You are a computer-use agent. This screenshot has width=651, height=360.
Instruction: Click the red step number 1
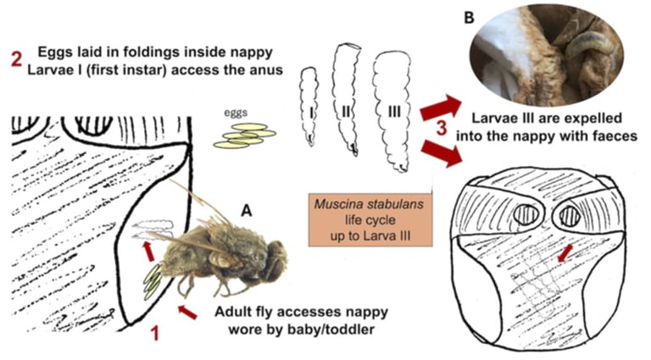pos(154,333)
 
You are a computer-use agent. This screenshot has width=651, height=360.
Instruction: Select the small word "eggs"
pos(236,110)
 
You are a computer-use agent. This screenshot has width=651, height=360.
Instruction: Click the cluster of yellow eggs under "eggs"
pos(245,136)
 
